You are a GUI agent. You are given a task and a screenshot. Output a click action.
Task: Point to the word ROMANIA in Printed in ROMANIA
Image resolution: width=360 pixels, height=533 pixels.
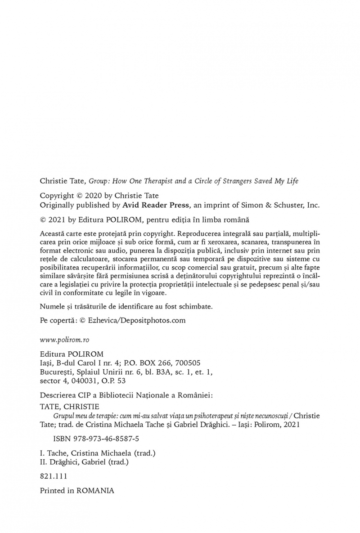(95, 491)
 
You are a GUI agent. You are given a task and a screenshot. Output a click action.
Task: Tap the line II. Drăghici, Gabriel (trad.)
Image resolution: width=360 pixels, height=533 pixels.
(84, 462)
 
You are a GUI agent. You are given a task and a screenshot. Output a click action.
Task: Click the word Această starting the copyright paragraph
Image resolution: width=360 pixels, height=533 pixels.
(54, 234)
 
